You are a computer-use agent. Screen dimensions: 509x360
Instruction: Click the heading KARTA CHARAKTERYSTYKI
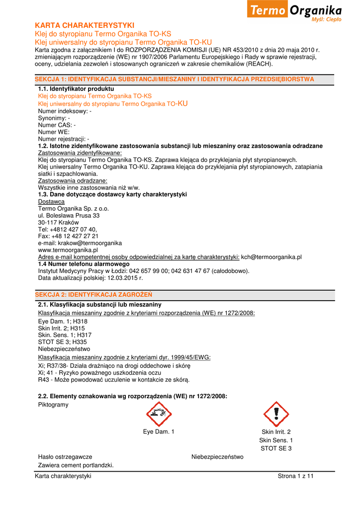(85, 25)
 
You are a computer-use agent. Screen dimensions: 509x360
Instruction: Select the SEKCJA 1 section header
(175, 79)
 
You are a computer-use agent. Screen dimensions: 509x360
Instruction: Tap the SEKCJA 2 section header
(93, 294)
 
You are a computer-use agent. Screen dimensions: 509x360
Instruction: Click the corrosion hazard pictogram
(159, 414)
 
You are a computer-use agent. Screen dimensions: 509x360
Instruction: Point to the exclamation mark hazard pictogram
(276, 414)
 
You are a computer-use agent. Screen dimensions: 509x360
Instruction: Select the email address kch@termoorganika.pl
(271, 257)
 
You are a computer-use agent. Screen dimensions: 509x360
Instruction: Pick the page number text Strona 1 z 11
(296, 476)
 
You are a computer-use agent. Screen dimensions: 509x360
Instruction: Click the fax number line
(68, 236)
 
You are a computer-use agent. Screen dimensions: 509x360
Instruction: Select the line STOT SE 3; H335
(63, 342)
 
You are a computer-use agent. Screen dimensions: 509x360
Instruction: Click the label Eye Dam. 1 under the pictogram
(159, 432)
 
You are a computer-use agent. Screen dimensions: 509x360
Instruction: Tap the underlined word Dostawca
(51, 202)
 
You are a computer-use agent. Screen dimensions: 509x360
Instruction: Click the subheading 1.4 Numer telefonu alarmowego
(84, 264)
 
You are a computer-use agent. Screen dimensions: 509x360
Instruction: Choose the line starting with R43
(114, 380)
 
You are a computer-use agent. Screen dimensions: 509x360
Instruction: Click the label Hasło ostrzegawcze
(65, 457)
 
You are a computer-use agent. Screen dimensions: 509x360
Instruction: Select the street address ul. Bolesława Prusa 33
(69, 216)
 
